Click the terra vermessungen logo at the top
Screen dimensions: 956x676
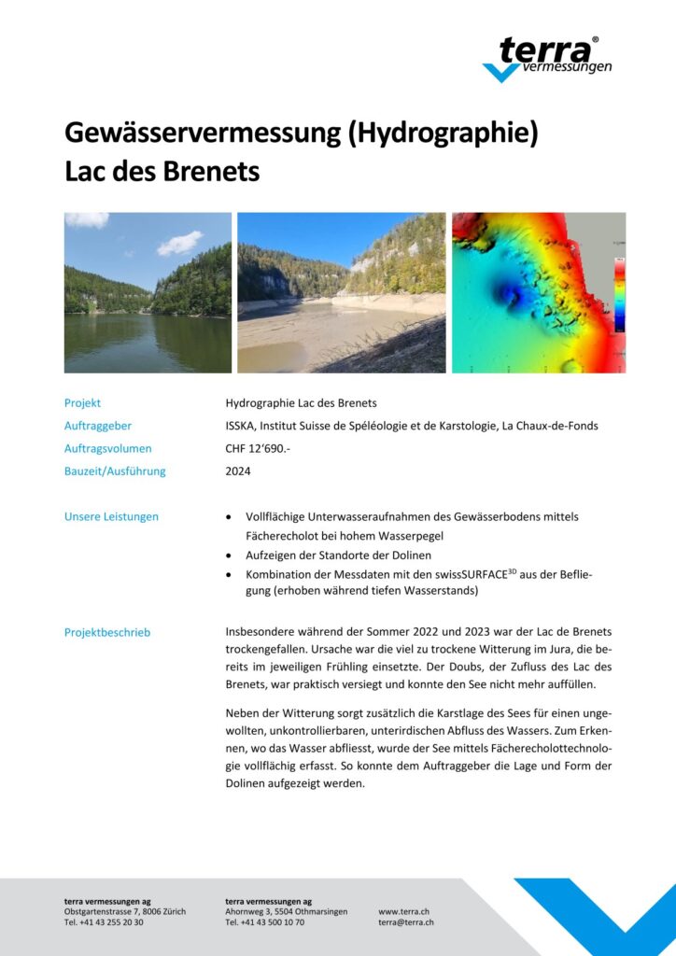pos(549,59)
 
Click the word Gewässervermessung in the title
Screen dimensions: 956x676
pos(202,134)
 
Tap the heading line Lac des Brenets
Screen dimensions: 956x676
pos(162,172)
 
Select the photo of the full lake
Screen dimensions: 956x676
pos(148,292)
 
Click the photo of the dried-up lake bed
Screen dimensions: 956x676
pos(341,292)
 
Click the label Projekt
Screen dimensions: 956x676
pos(82,403)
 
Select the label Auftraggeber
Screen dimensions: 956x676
pos(99,426)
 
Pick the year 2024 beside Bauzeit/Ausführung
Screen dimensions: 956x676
pos(238,471)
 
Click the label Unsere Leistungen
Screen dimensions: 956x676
pos(111,516)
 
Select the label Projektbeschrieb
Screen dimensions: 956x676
pos(107,632)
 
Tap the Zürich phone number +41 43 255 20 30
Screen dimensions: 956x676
pos(104,922)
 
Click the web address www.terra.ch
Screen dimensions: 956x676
pos(403,911)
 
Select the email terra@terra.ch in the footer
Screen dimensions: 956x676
pos(405,922)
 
